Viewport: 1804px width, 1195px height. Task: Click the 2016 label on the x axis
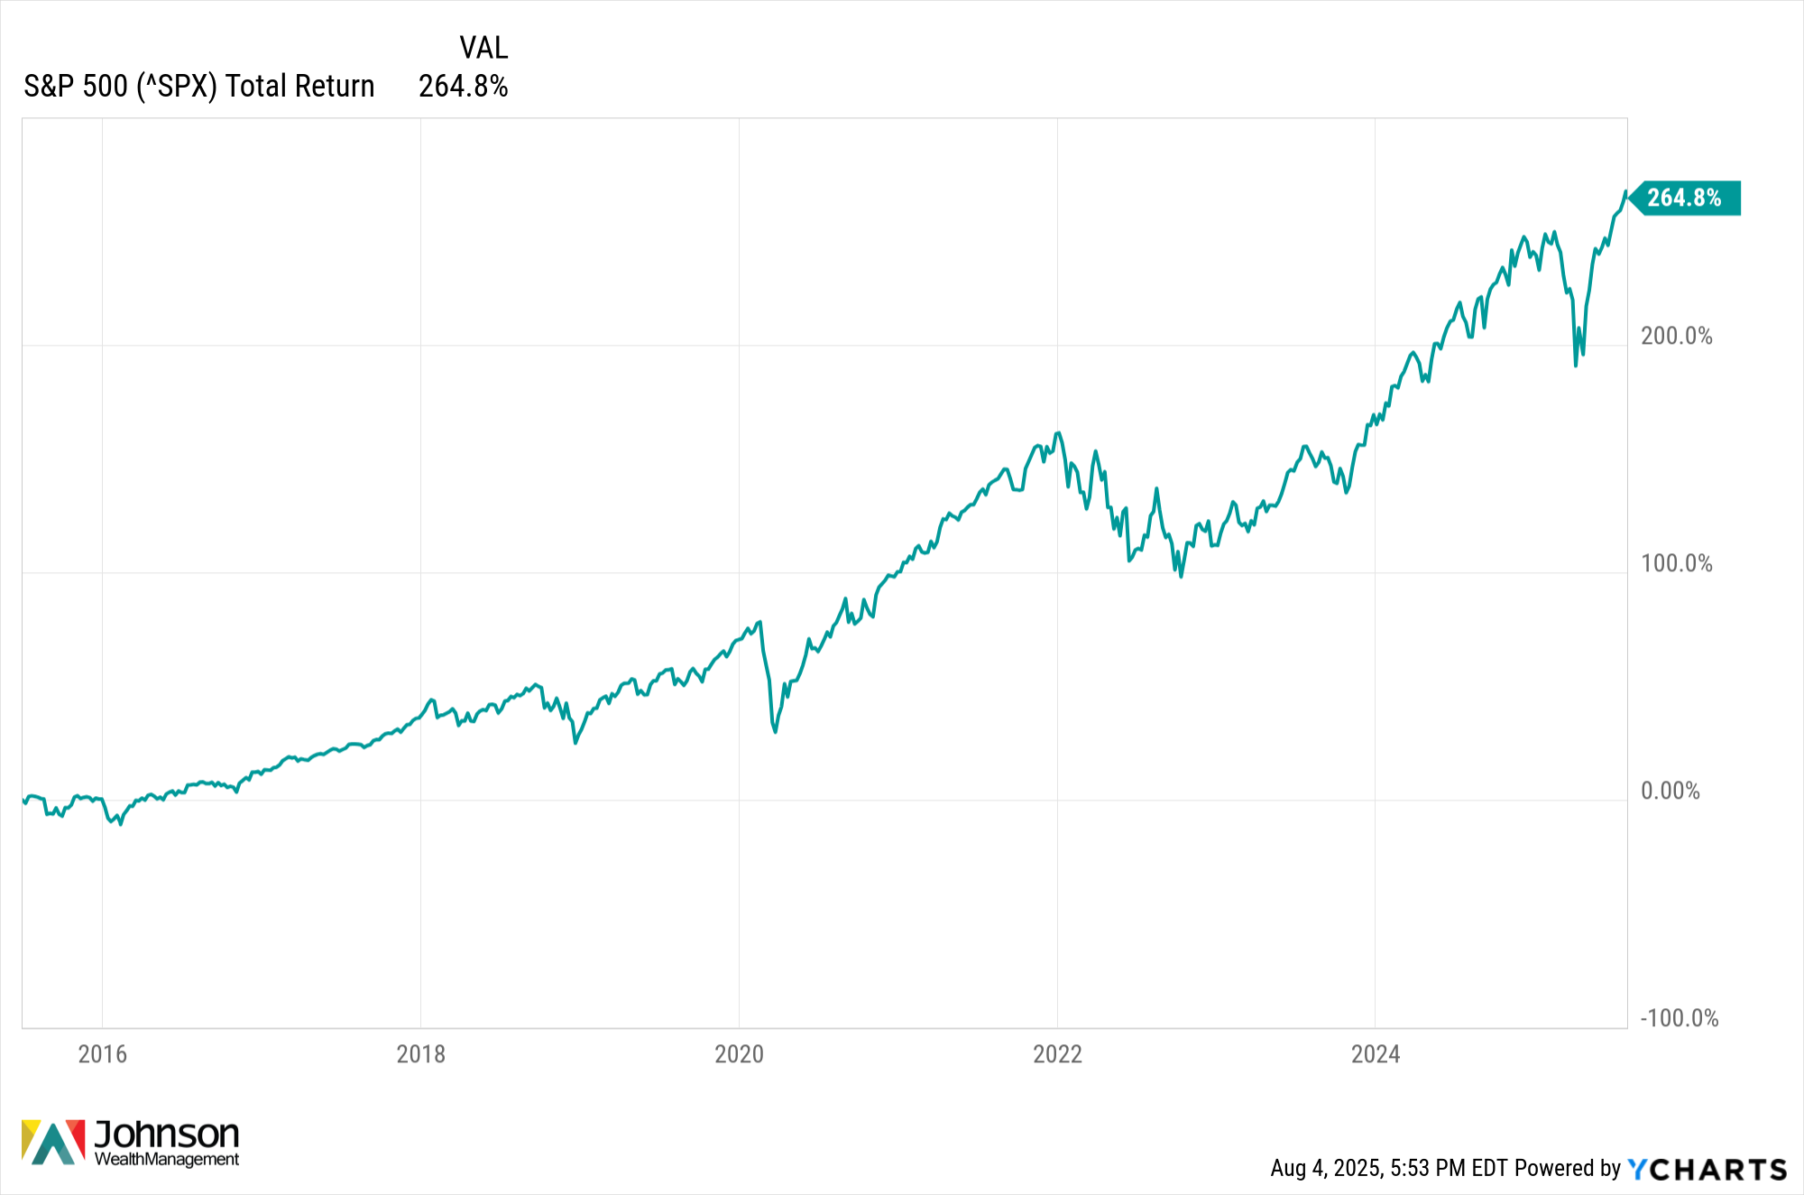tap(102, 1054)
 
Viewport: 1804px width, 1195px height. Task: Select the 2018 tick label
tap(420, 1054)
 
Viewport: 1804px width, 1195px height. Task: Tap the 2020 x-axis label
tap(739, 1054)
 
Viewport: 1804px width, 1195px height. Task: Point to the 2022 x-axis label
tap(1057, 1054)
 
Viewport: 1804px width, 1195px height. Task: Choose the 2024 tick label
tap(1375, 1054)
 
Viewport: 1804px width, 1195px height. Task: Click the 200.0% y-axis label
tap(1677, 336)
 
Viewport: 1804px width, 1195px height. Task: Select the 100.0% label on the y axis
tap(1677, 563)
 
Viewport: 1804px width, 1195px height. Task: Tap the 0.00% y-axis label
tap(1671, 791)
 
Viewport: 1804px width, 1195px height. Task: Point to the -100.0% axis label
tap(1680, 1018)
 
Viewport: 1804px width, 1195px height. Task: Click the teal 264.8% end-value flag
tap(1685, 198)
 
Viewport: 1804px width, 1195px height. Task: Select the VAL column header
tap(483, 47)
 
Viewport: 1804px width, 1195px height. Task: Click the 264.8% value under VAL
tap(464, 86)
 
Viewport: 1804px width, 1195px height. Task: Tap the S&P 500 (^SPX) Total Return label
tap(198, 86)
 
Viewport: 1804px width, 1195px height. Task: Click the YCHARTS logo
tap(1707, 1170)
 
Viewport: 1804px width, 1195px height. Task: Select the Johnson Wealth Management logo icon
tap(53, 1143)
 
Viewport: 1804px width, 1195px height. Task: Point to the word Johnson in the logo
tap(167, 1134)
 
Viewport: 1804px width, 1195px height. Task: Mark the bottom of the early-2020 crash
tap(775, 731)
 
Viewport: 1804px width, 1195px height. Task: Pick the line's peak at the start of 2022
tap(1058, 432)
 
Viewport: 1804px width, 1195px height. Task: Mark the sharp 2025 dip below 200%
tap(1576, 365)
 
